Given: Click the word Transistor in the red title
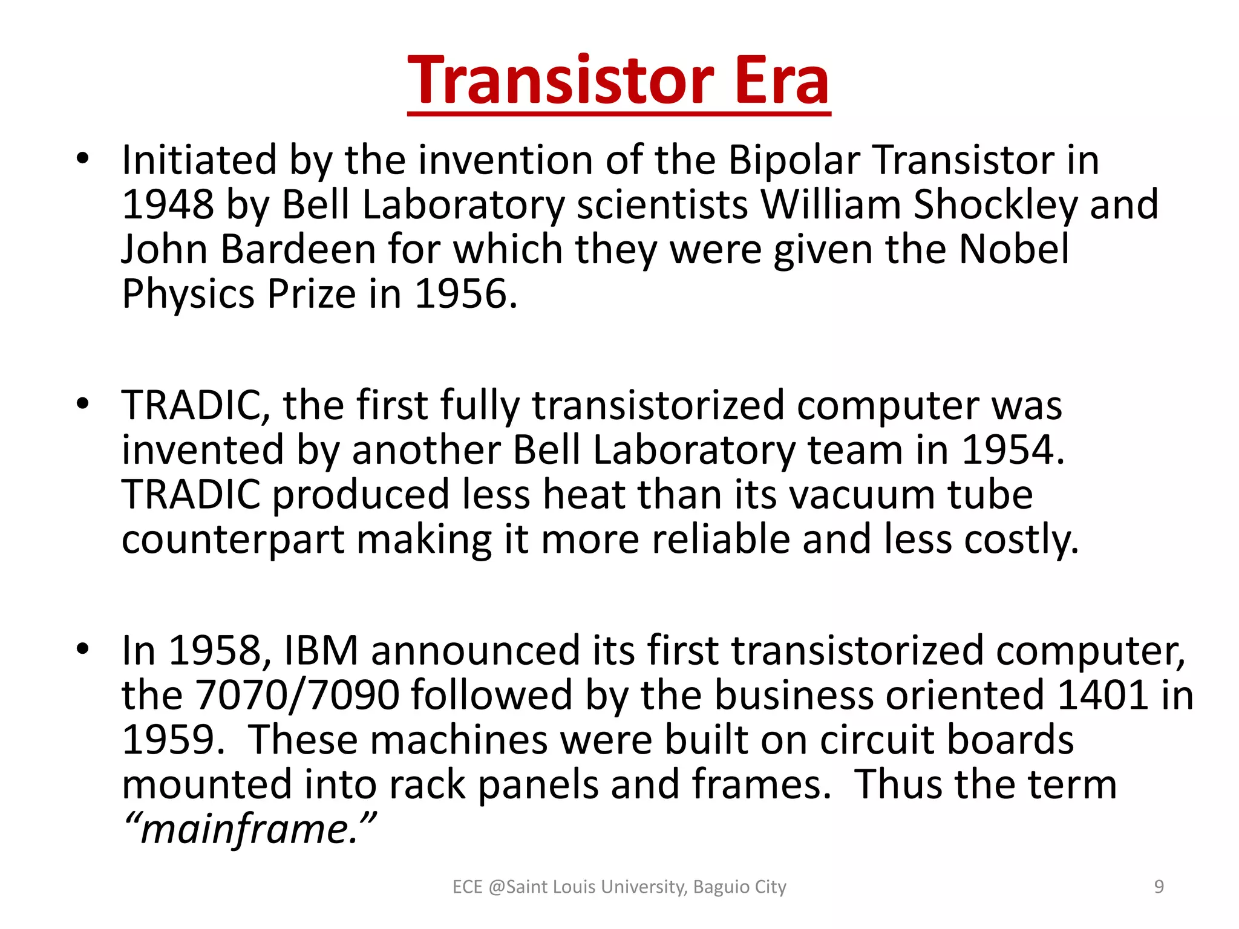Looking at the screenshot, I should tap(561, 80).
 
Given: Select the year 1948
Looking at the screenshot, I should tap(168, 204).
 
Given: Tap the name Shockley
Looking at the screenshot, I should tap(995, 204).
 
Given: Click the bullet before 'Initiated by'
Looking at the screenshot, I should tap(83, 160).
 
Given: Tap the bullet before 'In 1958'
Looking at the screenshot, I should tap(83, 650).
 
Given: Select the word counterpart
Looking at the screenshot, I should tap(232, 539).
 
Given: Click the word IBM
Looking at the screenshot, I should tap(321, 651).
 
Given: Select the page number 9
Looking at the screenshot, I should tap(1159, 887).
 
